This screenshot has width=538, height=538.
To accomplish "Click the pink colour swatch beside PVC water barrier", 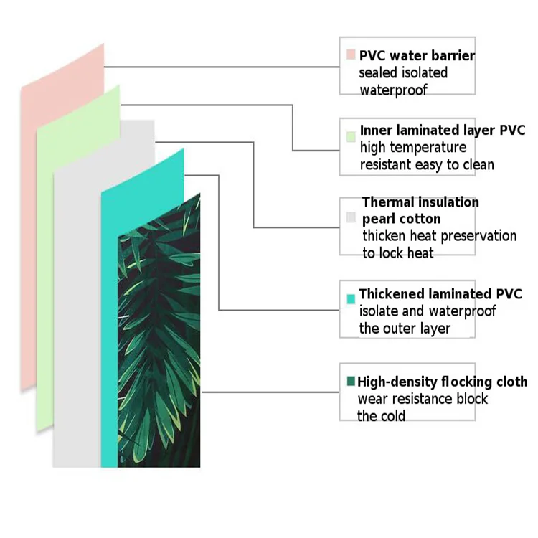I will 350,55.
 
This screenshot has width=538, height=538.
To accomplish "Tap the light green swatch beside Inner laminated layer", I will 350,136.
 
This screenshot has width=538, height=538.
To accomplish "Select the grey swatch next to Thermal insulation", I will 351,217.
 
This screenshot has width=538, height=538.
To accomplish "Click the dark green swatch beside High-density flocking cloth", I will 350,381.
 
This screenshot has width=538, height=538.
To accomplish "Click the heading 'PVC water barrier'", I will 417,55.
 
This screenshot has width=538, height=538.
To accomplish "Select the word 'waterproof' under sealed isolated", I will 393,90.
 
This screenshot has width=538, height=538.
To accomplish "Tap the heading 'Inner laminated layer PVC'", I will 443,131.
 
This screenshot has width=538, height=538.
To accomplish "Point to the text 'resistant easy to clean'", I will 427,165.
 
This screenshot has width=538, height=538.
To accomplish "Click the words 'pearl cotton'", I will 401,219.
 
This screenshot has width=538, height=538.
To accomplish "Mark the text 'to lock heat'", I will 397,253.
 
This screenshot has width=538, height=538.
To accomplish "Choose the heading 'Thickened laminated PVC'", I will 440,294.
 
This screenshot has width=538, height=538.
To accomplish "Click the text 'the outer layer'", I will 405,329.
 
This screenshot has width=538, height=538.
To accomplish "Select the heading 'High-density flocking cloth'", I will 442,382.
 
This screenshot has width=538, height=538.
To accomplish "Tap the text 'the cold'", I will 381,416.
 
